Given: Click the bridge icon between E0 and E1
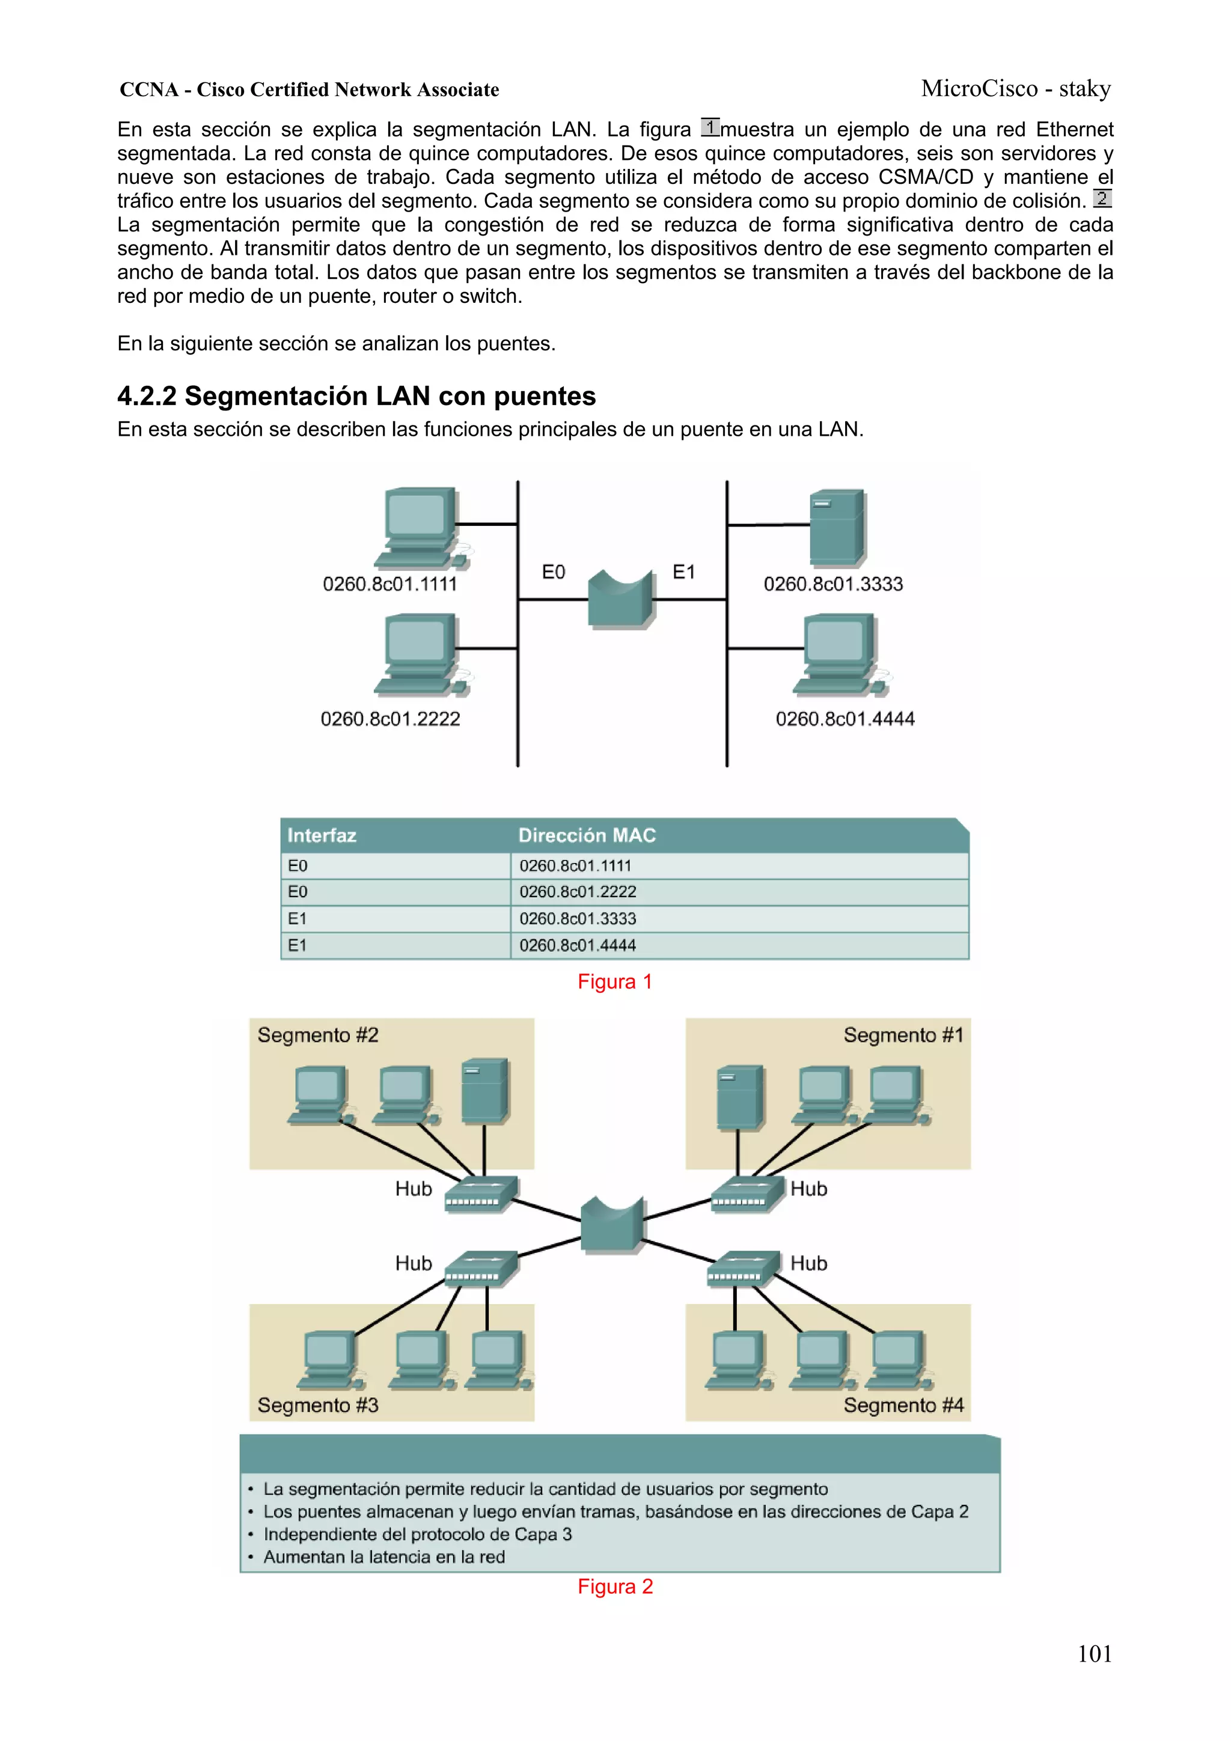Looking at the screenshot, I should (620, 600).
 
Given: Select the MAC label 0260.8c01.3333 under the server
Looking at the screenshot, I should (833, 584).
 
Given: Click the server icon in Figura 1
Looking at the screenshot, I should (836, 528).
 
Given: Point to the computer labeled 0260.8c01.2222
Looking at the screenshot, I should (421, 655).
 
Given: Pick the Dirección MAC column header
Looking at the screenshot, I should (586, 835).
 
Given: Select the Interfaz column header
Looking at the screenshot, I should (322, 835).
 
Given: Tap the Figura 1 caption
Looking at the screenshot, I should (614, 982).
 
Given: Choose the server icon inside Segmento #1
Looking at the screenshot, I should (739, 1097).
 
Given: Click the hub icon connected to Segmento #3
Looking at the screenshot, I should (481, 1269).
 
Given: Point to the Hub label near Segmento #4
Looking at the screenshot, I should (808, 1263).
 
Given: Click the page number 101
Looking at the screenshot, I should (1094, 1654).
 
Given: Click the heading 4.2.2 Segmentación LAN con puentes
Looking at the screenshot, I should (356, 396).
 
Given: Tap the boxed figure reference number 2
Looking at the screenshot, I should (1102, 199).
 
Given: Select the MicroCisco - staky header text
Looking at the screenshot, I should (1016, 89).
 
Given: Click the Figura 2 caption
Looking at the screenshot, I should (615, 1587).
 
